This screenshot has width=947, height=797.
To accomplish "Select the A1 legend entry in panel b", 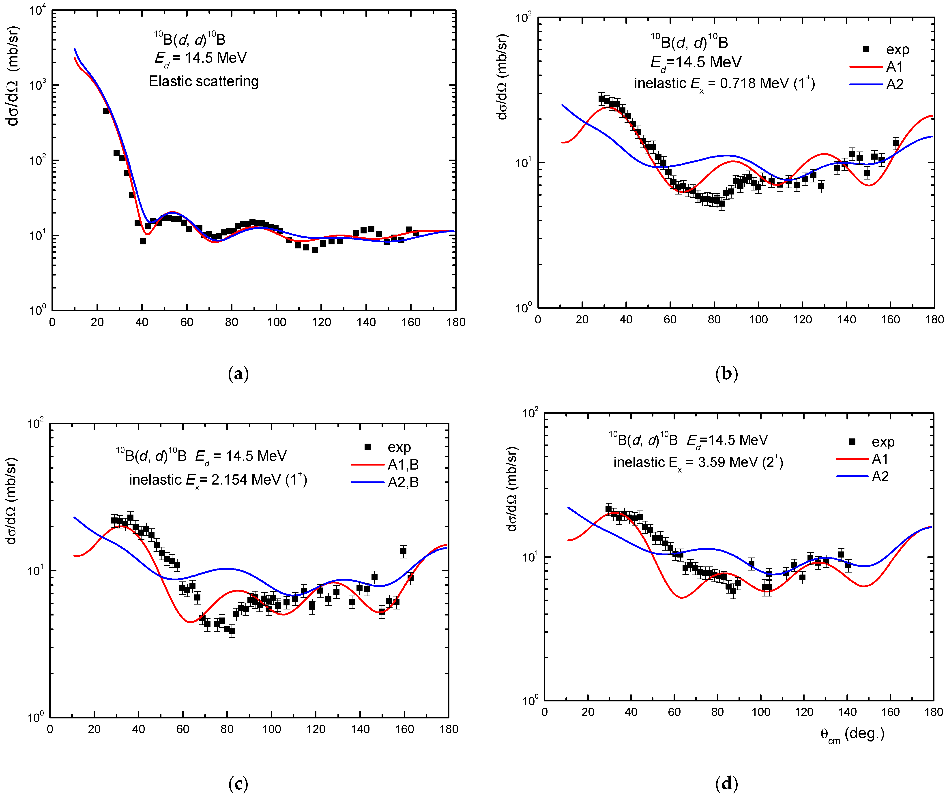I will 894,67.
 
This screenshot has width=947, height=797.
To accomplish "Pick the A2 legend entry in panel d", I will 880,477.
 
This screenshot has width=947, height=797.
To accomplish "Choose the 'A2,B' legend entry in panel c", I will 403,483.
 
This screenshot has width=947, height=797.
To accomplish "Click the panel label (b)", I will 726,374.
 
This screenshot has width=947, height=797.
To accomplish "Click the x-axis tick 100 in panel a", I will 276,322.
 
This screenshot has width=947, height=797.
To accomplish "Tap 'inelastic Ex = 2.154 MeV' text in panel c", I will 218,480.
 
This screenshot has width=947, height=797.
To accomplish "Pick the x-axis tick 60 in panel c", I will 183,729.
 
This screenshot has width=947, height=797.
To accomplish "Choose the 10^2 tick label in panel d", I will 530,413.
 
